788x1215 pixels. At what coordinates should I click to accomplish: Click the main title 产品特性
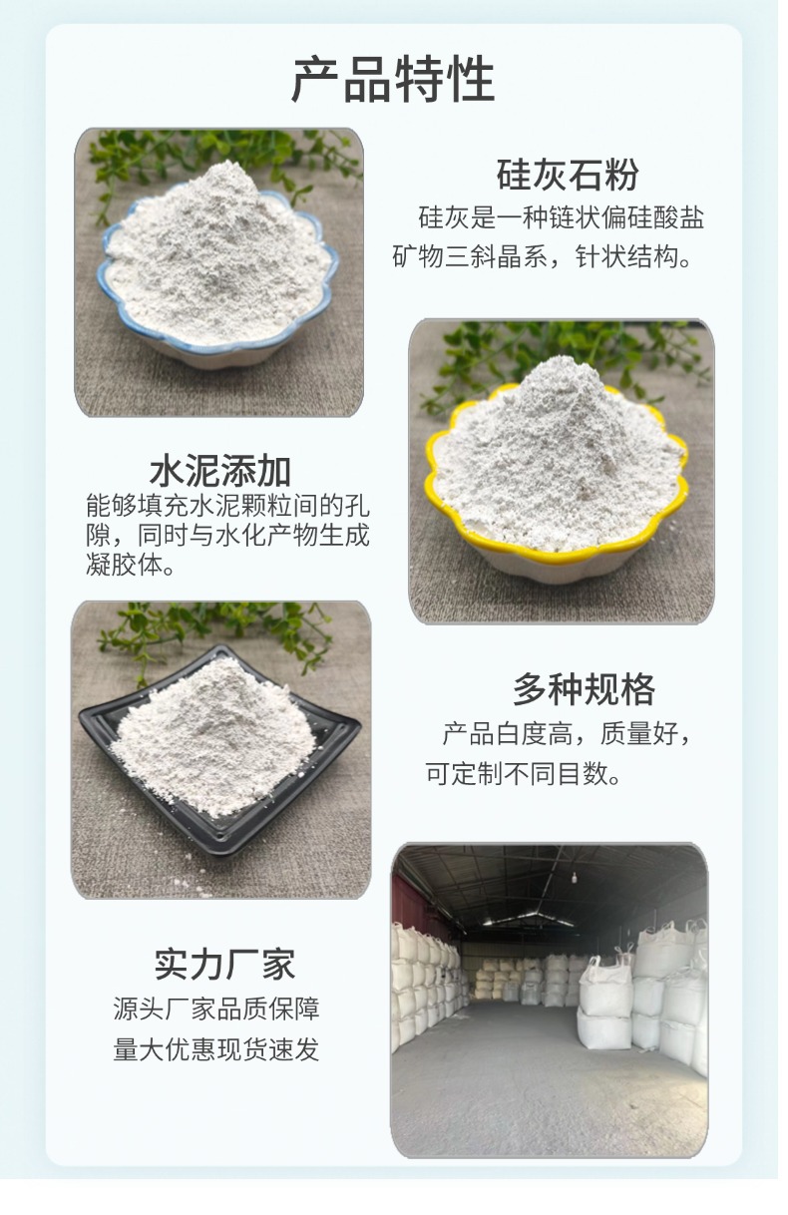click(x=393, y=80)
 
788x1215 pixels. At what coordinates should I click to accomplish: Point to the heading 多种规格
click(x=584, y=689)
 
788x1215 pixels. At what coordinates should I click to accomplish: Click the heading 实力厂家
click(x=224, y=965)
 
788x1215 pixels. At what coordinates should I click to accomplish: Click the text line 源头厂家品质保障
click(x=216, y=1009)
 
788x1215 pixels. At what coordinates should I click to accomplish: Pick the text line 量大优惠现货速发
click(x=216, y=1049)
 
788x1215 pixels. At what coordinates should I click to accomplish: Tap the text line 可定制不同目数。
click(x=524, y=774)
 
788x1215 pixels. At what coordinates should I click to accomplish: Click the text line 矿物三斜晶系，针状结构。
click(x=543, y=258)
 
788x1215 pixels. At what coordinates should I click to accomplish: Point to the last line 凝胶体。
click(x=130, y=566)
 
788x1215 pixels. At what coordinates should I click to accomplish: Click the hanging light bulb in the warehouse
click(x=575, y=878)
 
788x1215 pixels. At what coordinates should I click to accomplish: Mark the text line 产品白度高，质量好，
click(x=567, y=735)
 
